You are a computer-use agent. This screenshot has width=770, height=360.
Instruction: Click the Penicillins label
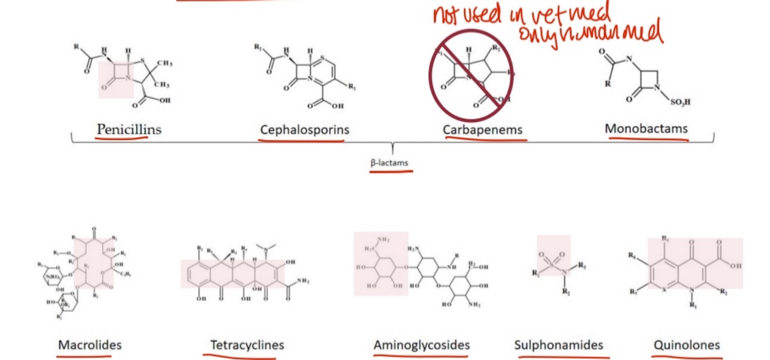pyautogui.click(x=129, y=129)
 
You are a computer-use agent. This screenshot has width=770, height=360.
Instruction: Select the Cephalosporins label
pyautogui.click(x=304, y=129)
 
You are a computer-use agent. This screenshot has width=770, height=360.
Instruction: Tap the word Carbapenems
pyautogui.click(x=483, y=130)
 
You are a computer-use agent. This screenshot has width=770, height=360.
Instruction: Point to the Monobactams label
pyautogui.click(x=646, y=128)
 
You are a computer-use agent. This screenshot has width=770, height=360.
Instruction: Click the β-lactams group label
pyautogui.click(x=389, y=163)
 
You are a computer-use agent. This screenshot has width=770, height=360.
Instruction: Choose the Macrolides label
pyautogui.click(x=89, y=345)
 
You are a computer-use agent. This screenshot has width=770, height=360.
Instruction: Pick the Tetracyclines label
pyautogui.click(x=247, y=345)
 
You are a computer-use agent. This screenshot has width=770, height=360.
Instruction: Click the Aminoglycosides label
pyautogui.click(x=421, y=345)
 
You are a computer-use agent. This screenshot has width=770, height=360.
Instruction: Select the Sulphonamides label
pyautogui.click(x=558, y=345)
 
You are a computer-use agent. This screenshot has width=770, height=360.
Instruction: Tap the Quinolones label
pyautogui.click(x=686, y=345)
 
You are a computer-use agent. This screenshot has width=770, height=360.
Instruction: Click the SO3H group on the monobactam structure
pyautogui.click(x=680, y=102)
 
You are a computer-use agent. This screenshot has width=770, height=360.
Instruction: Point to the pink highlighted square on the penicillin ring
pyautogui.click(x=116, y=80)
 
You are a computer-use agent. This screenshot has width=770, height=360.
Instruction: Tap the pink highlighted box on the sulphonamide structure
pyautogui.click(x=553, y=255)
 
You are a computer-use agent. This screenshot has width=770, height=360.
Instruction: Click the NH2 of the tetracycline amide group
pyautogui.click(x=301, y=281)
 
